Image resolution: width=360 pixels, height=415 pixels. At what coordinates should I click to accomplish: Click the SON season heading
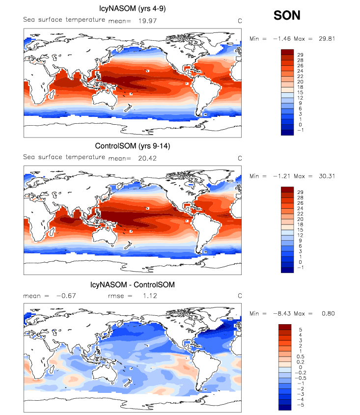click(x=287, y=16)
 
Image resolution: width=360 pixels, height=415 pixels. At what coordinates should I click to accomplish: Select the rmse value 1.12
click(x=137, y=296)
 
